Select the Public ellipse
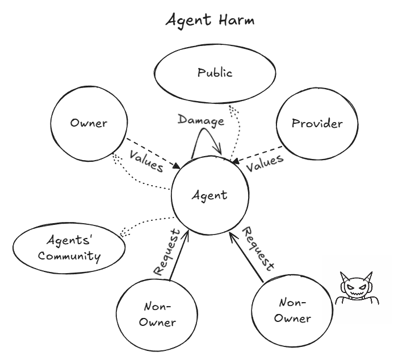coord(215,73)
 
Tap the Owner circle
coord(88,123)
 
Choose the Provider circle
coord(317,123)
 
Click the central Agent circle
coord(209,196)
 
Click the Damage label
coord(200,120)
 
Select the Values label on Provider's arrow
coord(265,162)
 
